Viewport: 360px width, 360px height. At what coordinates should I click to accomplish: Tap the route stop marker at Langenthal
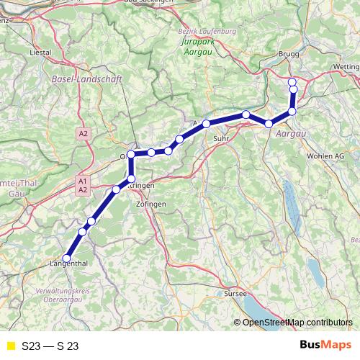point(66,258)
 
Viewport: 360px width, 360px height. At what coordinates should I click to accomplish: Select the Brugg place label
point(289,53)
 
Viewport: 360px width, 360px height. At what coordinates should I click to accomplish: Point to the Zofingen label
point(151,204)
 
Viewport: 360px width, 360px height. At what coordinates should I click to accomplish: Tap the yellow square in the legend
point(10,346)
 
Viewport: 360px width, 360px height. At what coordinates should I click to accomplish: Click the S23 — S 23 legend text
point(50,346)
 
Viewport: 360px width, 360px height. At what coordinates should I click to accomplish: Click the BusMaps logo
point(325,345)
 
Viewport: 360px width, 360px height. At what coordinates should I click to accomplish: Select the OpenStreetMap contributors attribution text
point(297,322)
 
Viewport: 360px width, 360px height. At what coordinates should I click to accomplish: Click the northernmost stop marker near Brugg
point(292,81)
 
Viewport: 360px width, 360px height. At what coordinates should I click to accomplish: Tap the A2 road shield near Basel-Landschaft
point(84,133)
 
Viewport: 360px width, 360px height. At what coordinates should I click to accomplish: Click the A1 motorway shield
point(83,181)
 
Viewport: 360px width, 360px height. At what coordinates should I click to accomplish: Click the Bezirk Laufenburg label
point(207,33)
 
